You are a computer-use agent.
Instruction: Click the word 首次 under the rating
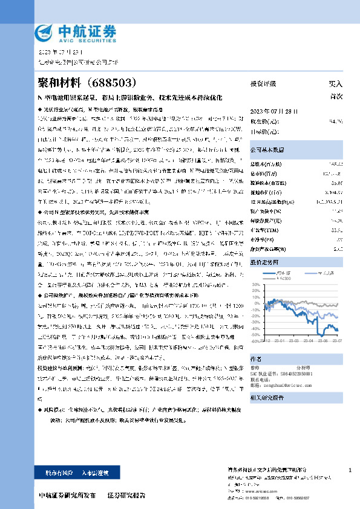[x=336, y=96]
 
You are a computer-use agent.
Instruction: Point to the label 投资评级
[x=263, y=83]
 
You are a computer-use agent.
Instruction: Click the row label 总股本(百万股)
[x=266, y=164]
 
